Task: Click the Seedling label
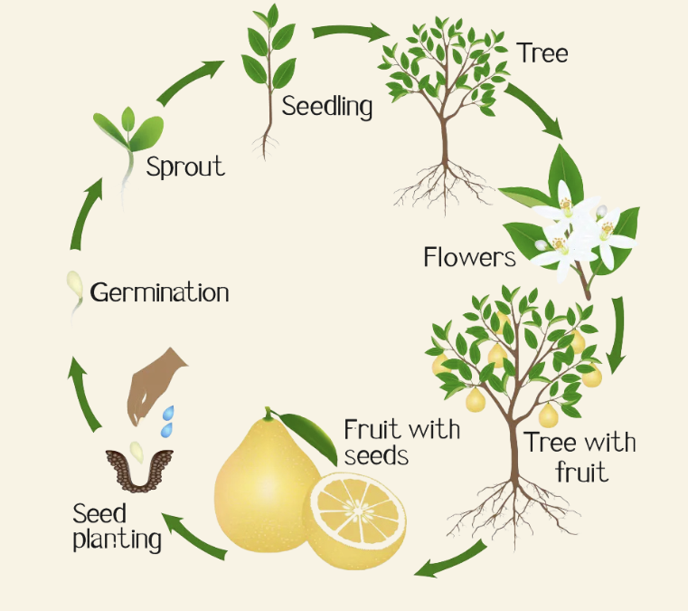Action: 327,107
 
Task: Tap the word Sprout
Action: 185,167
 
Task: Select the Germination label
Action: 159,292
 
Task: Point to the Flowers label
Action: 469,257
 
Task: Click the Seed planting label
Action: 117,527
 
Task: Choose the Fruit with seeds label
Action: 401,440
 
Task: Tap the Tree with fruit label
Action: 580,457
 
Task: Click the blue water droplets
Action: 167,419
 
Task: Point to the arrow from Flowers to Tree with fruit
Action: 617,333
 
